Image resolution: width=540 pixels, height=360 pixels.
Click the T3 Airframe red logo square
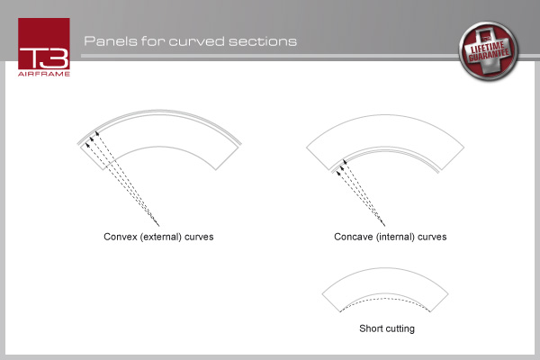pyautogui.click(x=44, y=44)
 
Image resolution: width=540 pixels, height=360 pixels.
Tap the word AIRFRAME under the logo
pyautogui.click(x=44, y=74)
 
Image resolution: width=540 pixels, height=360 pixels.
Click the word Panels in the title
pyautogui.click(x=111, y=41)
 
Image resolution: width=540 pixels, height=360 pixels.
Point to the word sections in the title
pyautogui.click(x=263, y=41)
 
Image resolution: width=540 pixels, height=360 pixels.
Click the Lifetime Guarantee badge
pyautogui.click(x=489, y=51)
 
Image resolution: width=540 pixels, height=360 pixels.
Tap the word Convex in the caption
pyautogui.click(x=121, y=237)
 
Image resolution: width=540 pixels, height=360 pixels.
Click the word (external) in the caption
pyautogui.click(x=161, y=237)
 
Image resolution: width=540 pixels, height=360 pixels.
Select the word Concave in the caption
pyautogui.click(x=354, y=237)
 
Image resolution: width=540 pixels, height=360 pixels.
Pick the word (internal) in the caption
pyautogui.click(x=395, y=237)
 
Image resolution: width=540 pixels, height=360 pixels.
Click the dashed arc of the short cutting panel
pyautogui.click(x=385, y=299)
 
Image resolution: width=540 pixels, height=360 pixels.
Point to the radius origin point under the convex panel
pyautogui.click(x=158, y=226)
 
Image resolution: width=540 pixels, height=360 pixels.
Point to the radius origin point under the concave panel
pyautogui.click(x=384, y=226)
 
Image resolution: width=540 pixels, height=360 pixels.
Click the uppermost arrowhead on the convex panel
pyautogui.click(x=97, y=132)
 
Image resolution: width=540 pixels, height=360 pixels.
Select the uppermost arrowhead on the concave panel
pyautogui.click(x=345, y=161)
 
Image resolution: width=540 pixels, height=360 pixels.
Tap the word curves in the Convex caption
pyautogui.click(x=199, y=237)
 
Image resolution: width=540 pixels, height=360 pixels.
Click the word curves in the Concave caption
pyautogui.click(x=432, y=237)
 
